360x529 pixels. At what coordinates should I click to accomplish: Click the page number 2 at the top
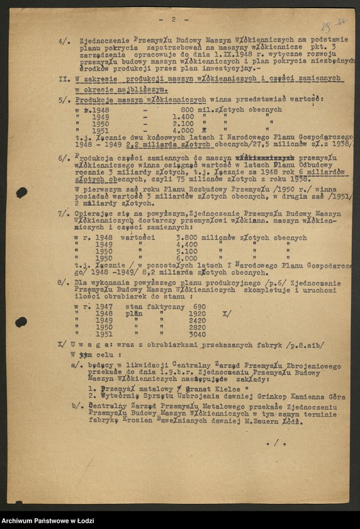172,20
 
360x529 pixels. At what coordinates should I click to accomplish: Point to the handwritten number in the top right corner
333,25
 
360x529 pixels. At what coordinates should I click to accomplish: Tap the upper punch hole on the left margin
21,193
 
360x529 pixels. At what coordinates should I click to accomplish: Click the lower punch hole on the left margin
21,322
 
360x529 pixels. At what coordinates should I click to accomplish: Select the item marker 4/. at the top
64,41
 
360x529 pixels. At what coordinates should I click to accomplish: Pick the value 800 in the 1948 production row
188,110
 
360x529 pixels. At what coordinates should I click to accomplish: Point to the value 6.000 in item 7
187,258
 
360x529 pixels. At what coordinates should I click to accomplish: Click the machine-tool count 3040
197,334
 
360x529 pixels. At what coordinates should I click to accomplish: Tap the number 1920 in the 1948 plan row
197,313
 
